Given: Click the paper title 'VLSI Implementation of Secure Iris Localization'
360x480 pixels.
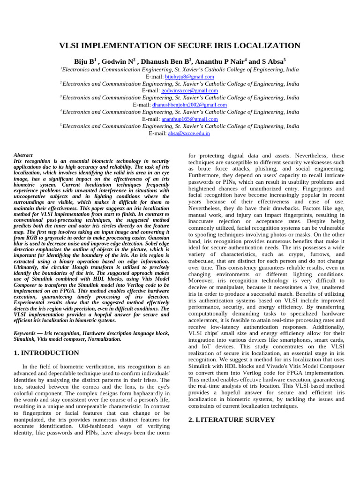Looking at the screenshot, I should coord(180,46).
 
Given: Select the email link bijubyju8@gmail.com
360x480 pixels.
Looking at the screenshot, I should coord(189,76).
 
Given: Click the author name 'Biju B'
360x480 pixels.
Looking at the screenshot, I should coord(84,61).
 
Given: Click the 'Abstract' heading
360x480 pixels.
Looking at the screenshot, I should coord(23,155).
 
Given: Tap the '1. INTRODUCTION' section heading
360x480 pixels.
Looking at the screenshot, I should coord(46,352).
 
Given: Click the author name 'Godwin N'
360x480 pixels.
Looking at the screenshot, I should coord(119,61).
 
